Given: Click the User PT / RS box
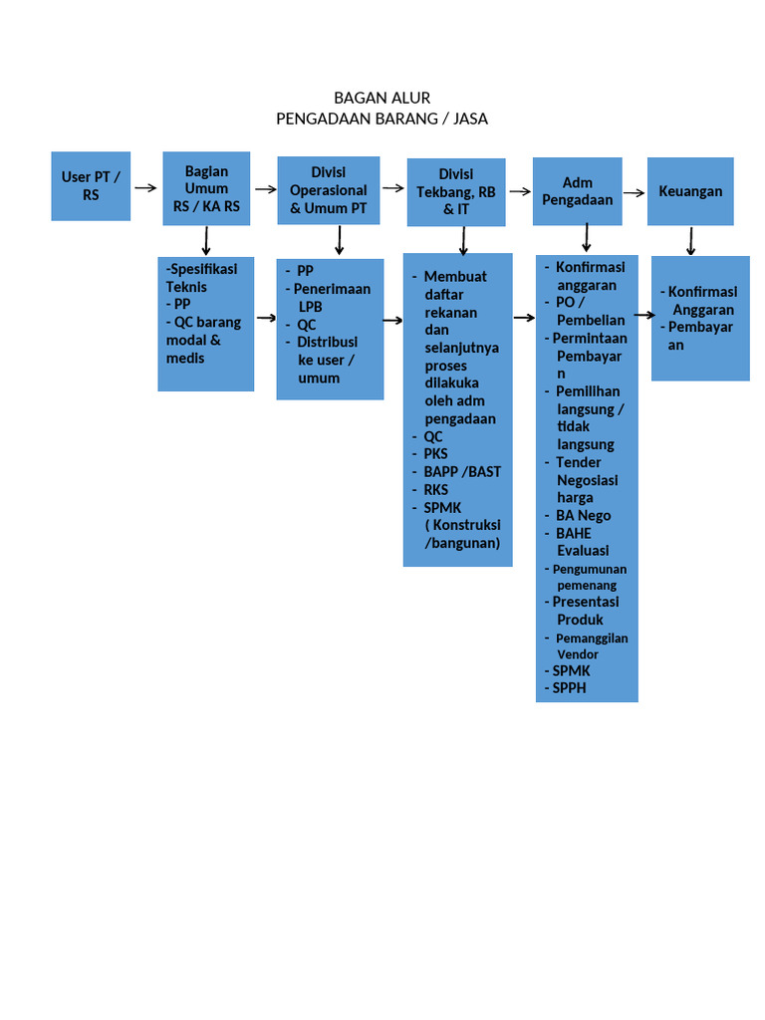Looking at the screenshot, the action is [x=91, y=186].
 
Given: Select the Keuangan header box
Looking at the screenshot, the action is [x=690, y=191].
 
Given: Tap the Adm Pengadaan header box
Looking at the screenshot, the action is [x=577, y=191].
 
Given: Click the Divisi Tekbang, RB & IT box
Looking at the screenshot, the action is [x=456, y=192].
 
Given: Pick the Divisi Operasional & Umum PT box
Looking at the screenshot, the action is [x=329, y=190].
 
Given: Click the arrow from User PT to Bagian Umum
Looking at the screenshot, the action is [x=145, y=188].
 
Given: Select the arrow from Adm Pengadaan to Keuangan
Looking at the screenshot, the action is [x=634, y=192].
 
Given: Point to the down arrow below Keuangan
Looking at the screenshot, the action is [x=691, y=241].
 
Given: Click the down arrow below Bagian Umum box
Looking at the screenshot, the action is [x=206, y=241].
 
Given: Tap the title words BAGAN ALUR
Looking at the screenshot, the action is [x=382, y=99].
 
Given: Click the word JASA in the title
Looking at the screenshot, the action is [x=470, y=120].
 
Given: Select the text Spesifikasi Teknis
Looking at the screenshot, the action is [x=201, y=278].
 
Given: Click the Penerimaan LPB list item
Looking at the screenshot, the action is [x=332, y=297].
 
